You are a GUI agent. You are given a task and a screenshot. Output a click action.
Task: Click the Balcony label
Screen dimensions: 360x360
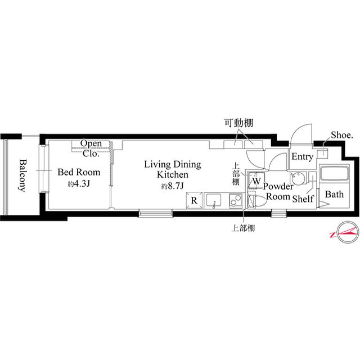click(x=22, y=175)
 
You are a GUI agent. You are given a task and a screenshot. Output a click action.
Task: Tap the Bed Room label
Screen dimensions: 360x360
click(x=79, y=172)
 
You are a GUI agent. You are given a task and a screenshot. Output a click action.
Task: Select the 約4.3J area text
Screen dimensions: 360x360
click(x=78, y=184)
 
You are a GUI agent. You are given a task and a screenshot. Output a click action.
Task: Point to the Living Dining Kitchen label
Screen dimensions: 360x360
click(x=173, y=169)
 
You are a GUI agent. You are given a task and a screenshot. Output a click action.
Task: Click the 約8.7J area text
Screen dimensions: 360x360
click(x=173, y=186)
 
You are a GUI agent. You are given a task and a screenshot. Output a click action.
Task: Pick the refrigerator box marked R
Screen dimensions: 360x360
click(x=194, y=200)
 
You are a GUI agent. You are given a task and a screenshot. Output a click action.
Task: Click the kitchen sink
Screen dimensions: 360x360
click(x=214, y=201)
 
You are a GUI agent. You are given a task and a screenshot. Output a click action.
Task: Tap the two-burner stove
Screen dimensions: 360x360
click(x=236, y=200)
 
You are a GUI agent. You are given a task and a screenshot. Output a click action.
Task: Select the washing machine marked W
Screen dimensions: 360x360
click(x=256, y=181)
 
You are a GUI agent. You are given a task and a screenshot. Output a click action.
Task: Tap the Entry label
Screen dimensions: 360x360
click(x=303, y=157)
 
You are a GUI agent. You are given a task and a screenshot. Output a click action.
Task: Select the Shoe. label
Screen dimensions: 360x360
click(x=341, y=135)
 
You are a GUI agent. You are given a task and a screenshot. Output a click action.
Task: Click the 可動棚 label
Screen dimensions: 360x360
click(x=238, y=123)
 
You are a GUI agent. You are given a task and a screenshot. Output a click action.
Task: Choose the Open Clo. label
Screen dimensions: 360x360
click(x=91, y=148)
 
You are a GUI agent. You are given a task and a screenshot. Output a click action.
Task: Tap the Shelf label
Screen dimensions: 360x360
click(x=303, y=199)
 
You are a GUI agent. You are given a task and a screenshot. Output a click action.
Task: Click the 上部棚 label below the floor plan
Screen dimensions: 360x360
click(x=243, y=228)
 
